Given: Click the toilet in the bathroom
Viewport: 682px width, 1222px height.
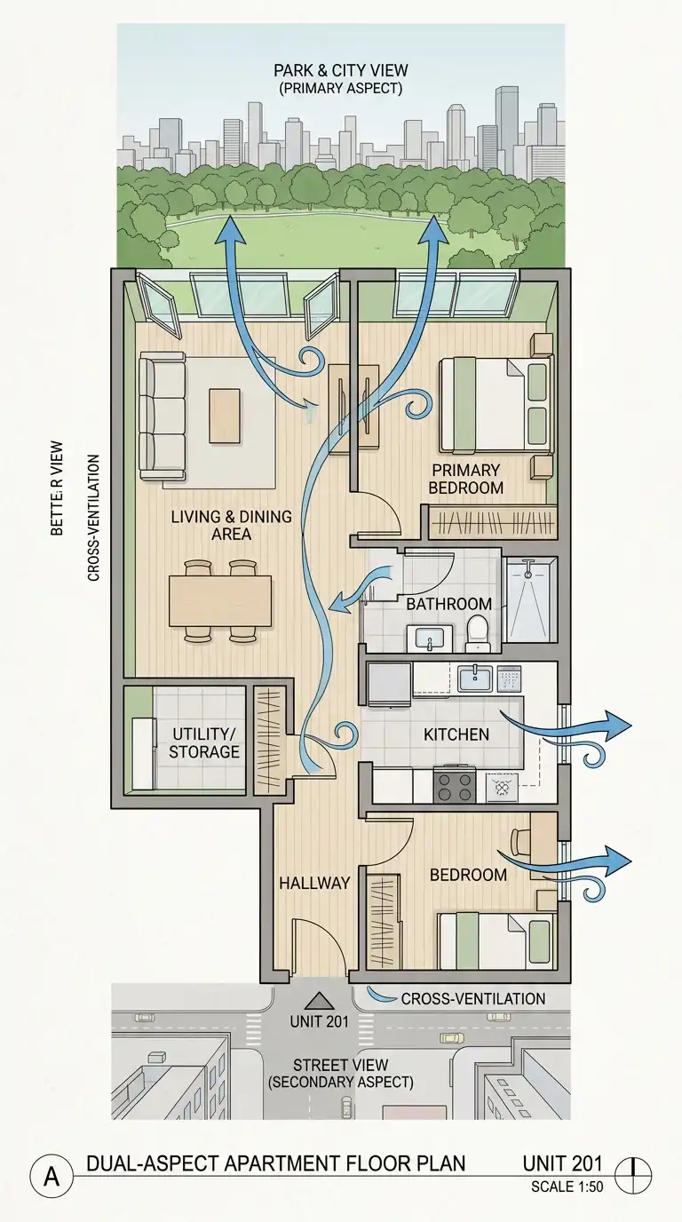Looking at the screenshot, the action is [x=479, y=633].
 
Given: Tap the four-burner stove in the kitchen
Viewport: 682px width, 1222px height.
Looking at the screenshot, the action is [x=455, y=786].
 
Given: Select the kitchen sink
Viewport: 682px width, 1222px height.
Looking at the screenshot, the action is [x=475, y=678].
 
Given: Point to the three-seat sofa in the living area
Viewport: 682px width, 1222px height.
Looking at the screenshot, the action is [x=162, y=416].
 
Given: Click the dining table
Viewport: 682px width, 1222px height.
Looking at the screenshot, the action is [x=220, y=600].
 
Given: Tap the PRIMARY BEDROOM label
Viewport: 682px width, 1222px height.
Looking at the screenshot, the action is [x=466, y=479].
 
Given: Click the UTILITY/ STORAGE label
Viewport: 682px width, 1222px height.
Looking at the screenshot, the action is [x=204, y=742].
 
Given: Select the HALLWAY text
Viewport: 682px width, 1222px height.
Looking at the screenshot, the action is [x=315, y=883].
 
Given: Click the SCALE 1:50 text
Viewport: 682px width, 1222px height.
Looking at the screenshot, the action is [x=567, y=1187].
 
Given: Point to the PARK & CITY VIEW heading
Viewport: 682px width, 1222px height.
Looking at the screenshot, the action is [x=341, y=70].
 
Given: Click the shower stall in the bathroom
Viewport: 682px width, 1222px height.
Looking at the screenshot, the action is [x=531, y=599].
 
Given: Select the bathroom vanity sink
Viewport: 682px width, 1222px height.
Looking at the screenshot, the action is [x=430, y=639].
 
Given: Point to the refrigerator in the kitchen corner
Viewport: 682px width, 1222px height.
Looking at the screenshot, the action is [x=390, y=684].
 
